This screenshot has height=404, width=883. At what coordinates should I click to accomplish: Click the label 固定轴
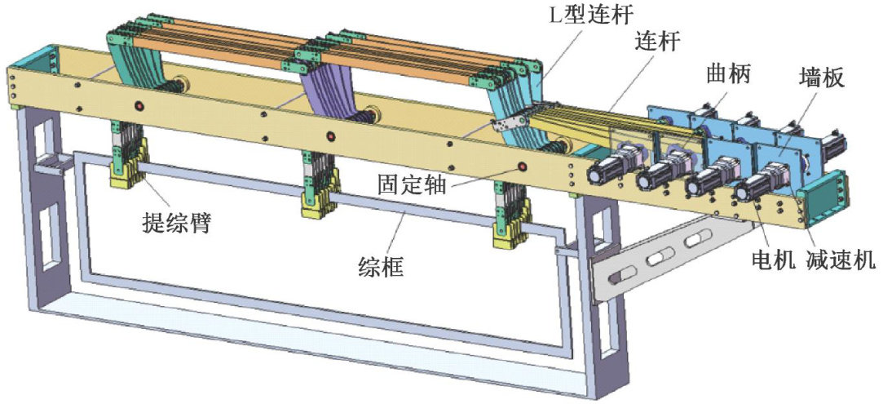click(x=412, y=184)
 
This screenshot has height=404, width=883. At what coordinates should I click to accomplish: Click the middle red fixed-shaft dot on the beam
click(x=330, y=135)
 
